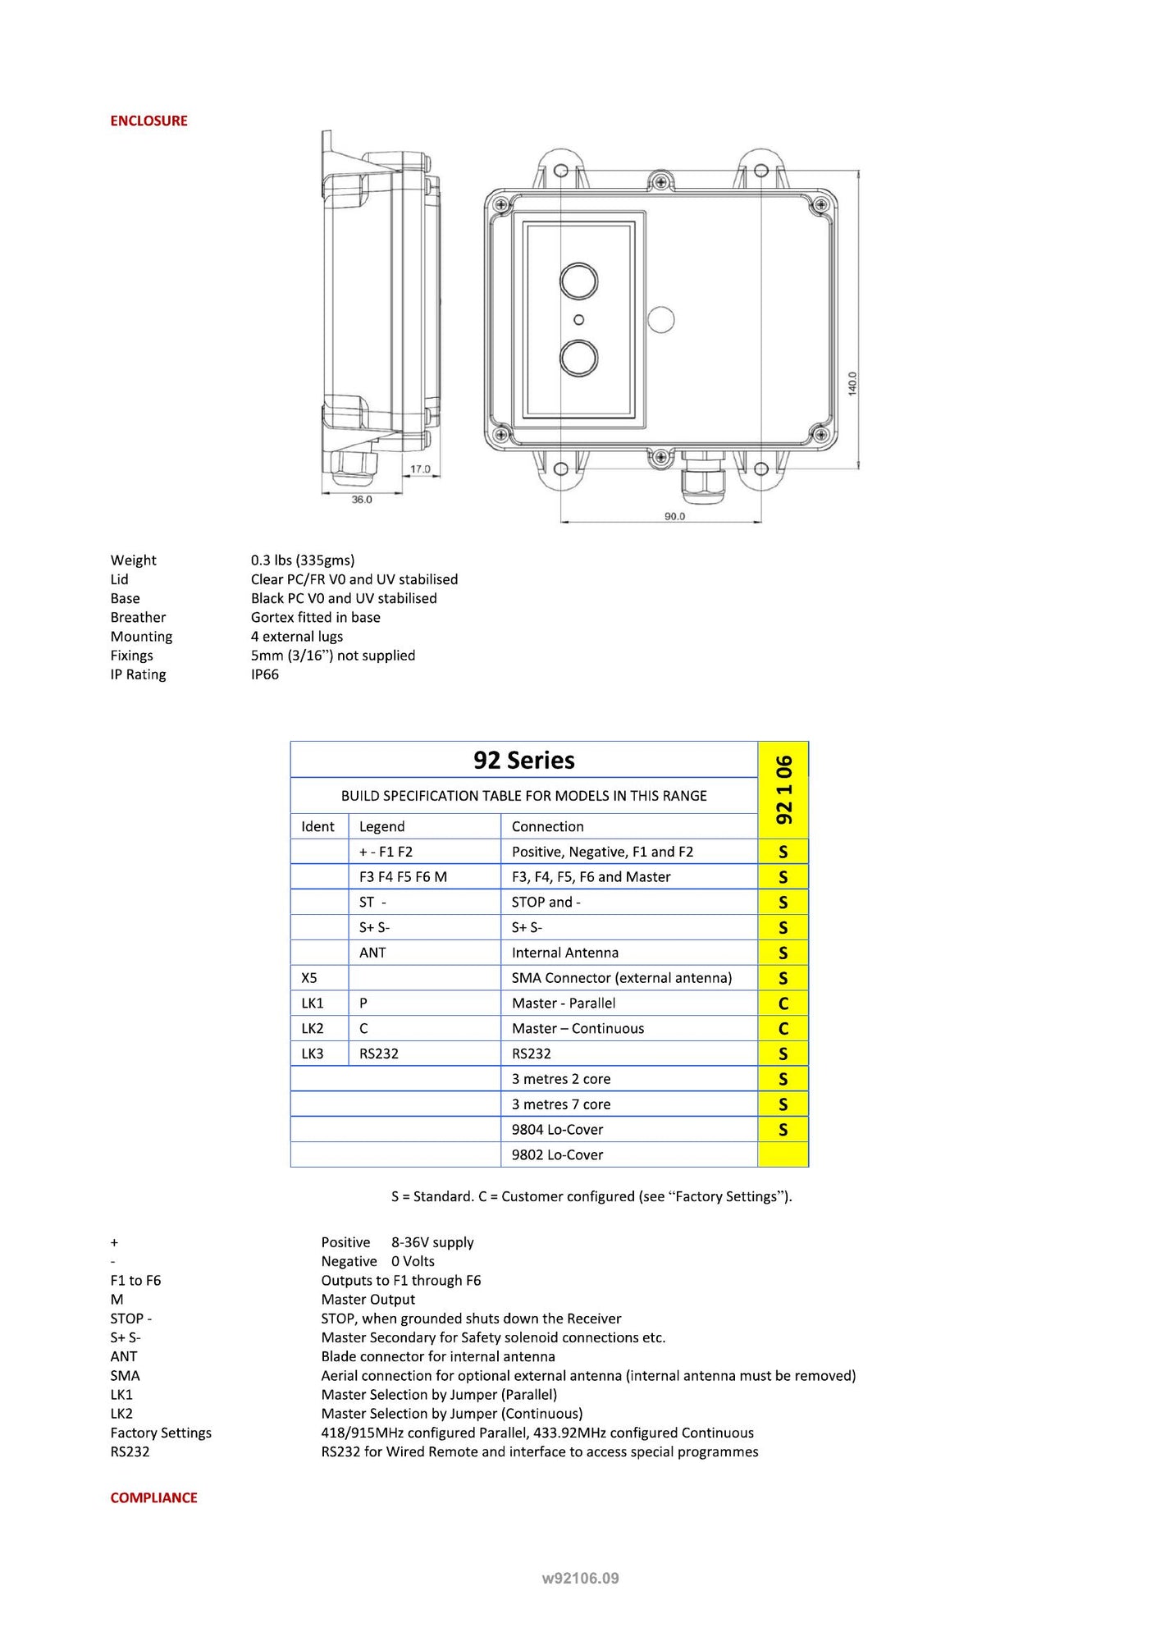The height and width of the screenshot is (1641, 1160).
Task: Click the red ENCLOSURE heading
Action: coord(148,121)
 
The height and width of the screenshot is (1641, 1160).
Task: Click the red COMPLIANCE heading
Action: coord(153,1497)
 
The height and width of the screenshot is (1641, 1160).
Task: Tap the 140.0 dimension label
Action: coord(852,383)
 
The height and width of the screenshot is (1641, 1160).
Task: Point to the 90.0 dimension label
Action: coord(674,516)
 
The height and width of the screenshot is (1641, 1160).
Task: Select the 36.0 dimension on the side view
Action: coord(362,499)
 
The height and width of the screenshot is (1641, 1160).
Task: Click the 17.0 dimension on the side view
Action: coord(420,469)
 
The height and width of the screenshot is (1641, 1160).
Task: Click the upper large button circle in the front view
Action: coord(578,281)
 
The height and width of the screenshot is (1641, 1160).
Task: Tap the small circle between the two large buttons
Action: coord(578,320)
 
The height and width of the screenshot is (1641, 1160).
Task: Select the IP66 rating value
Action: coord(265,674)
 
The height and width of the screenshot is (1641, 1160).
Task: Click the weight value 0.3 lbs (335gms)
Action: coord(303,560)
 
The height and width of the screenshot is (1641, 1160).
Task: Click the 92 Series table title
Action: coord(523,760)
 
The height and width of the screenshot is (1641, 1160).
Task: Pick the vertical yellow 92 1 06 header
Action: coord(783,789)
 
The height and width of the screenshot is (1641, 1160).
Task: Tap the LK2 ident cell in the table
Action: coord(313,1028)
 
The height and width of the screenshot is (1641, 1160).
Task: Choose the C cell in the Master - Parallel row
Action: coord(783,1003)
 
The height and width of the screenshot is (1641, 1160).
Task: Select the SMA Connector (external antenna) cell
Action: coord(621,978)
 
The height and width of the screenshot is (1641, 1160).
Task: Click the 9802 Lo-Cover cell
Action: coord(557,1154)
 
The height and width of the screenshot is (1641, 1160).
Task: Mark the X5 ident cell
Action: coord(309,978)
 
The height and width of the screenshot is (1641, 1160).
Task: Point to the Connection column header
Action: coord(547,826)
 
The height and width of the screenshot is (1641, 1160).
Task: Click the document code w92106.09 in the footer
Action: coord(580,1578)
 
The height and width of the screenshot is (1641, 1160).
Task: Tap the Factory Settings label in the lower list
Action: coord(161,1433)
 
